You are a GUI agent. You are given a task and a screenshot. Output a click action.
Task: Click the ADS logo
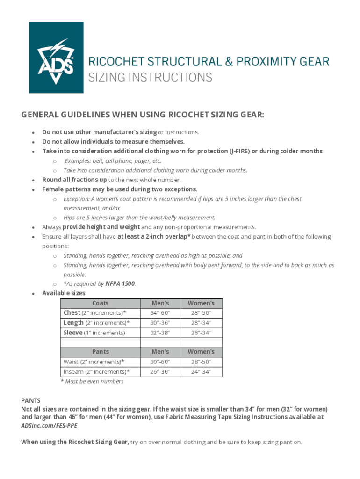coord(56,58)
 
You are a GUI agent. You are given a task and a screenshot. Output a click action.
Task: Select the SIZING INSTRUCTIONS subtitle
coord(150,77)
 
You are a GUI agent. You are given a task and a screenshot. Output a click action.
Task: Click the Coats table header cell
coord(101,303)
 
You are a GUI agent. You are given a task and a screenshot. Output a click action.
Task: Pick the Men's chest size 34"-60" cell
coord(160,313)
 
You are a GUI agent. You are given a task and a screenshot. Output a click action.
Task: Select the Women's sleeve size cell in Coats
coord(201,333)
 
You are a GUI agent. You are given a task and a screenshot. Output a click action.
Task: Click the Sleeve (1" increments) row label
coord(94,333)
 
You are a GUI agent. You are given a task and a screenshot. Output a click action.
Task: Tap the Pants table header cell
coord(101,352)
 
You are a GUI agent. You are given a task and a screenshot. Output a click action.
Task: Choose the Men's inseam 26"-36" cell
coord(160,372)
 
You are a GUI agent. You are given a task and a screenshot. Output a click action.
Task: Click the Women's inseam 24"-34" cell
coord(201,372)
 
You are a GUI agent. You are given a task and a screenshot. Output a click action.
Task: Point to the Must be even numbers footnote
coord(92,381)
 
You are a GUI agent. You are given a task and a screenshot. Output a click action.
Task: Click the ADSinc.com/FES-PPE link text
coord(49,426)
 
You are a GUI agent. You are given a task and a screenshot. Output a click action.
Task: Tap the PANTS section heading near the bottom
coord(31,400)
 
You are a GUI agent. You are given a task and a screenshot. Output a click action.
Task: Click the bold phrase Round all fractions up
coord(74,180)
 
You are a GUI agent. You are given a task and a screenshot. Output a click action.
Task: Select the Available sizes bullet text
coord(64,293)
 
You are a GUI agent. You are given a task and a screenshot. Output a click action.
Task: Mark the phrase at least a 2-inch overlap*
coord(154,237)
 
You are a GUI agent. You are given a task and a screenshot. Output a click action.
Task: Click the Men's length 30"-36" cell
coord(160,323)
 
